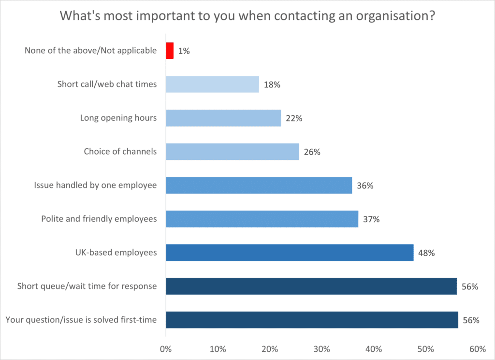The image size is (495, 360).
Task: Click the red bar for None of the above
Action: point(170,51)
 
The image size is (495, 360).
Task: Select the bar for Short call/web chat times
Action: point(212,85)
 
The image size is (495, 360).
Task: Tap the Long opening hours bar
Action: point(223,118)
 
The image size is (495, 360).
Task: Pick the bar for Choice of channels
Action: point(233,152)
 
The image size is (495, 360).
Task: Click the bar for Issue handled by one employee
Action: point(259,185)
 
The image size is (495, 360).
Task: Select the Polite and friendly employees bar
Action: point(262,219)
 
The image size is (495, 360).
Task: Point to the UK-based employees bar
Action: point(290,252)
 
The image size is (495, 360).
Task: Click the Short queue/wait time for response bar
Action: point(311,286)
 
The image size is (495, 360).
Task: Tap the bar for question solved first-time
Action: point(312,320)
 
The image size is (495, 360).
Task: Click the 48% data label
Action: point(427,253)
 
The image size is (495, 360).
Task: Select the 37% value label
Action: point(371,219)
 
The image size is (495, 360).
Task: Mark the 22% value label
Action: point(294,118)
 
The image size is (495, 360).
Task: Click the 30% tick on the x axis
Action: point(321,349)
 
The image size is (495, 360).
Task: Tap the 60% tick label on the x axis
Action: point(477,349)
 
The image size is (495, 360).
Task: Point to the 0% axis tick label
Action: point(166,349)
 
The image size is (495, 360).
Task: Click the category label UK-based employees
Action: point(116,252)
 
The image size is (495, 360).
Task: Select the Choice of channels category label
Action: point(120,152)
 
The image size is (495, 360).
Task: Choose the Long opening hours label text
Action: point(118,118)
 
